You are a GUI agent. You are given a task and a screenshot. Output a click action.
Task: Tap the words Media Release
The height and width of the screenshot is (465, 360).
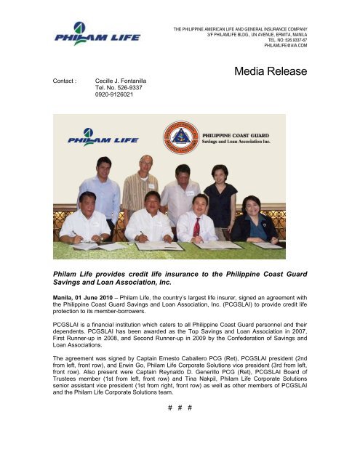(271, 72)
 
